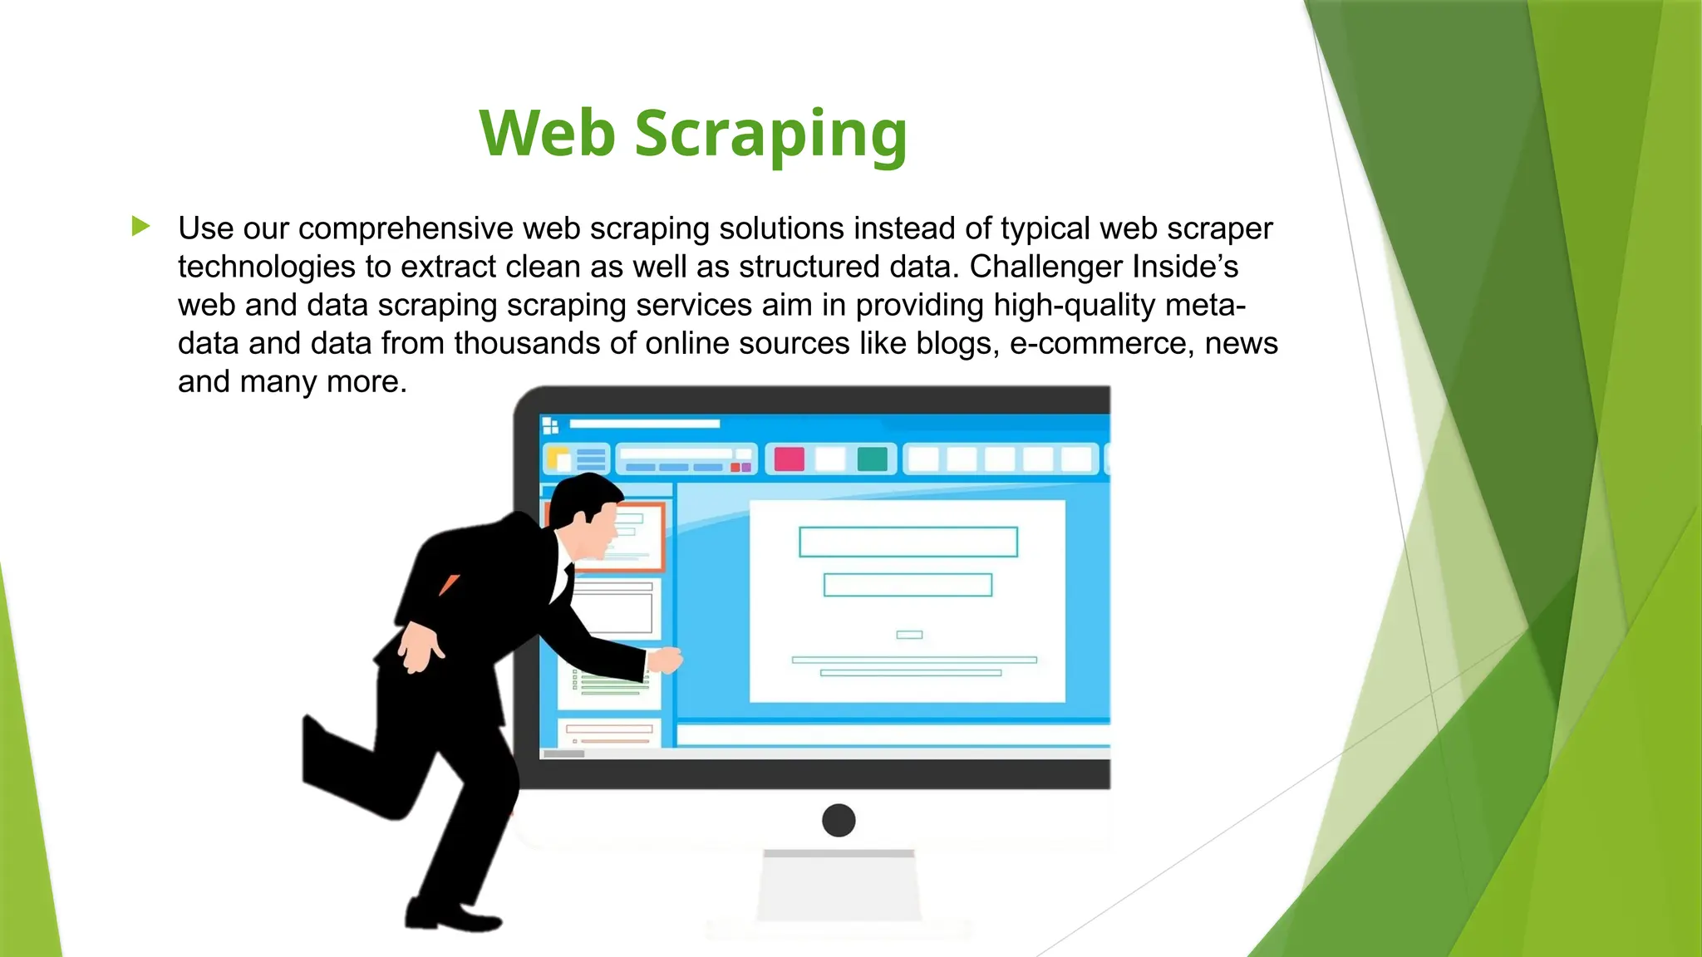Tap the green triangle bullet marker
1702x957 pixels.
(141, 226)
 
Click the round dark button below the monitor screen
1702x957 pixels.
(839, 820)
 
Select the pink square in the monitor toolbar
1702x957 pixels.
(789, 459)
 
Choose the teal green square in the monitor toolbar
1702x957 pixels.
(872, 459)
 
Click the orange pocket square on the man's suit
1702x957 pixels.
(450, 584)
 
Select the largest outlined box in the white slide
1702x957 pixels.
(908, 542)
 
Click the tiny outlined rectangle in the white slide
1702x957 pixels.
(909, 635)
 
